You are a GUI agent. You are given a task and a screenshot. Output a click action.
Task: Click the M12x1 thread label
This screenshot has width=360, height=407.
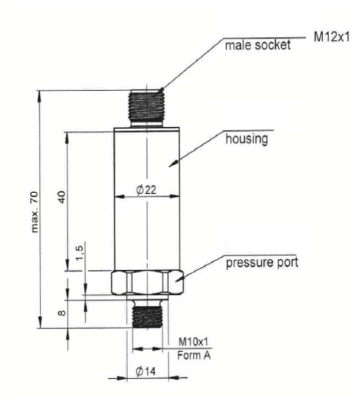coord(332,36)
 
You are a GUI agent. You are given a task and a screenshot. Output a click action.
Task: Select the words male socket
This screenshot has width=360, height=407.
coord(257,45)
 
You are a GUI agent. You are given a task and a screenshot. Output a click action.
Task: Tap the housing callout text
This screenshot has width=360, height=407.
coord(246,139)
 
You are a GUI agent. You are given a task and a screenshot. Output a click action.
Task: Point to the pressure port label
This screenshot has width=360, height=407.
coord(262,263)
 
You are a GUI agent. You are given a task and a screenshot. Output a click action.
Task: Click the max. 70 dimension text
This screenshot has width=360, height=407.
coord(35,212)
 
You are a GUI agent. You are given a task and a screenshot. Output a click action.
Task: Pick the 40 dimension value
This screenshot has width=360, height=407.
coord(62,197)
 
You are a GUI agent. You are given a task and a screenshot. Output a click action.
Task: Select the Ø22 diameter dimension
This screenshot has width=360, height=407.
coord(146,190)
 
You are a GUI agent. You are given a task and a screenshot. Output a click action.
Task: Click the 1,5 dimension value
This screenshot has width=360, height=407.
coord(79,253)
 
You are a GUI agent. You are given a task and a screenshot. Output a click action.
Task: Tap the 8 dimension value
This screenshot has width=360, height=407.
coord(62,312)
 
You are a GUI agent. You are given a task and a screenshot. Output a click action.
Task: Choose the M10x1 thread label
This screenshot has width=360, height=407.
coord(194,342)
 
